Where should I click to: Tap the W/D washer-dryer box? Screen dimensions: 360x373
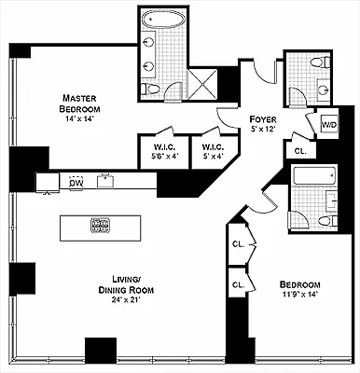pyautogui.click(x=329, y=125)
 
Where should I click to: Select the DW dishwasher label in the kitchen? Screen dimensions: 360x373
pyautogui.click(x=76, y=183)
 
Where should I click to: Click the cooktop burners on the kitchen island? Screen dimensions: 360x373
pyautogui.click(x=100, y=225)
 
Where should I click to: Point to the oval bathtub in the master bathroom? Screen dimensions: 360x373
pyautogui.click(x=163, y=20)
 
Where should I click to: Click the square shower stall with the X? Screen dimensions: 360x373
pyautogui.click(x=203, y=84)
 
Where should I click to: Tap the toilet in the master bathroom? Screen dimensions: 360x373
pyautogui.click(x=150, y=90)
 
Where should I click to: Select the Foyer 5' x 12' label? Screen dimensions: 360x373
pyautogui.click(x=263, y=124)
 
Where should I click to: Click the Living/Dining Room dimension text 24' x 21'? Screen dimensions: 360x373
pyautogui.click(x=126, y=300)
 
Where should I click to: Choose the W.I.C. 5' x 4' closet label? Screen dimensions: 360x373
pyautogui.click(x=213, y=152)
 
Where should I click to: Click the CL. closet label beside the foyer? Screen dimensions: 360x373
pyautogui.click(x=300, y=152)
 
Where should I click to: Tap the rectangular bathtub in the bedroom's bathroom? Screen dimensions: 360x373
pyautogui.click(x=314, y=175)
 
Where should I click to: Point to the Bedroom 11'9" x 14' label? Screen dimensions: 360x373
pyautogui.click(x=299, y=289)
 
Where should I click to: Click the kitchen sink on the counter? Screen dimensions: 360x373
pyautogui.click(x=105, y=181)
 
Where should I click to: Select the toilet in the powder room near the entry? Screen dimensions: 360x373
pyautogui.click(x=320, y=62)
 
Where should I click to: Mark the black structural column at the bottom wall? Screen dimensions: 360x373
pyautogui.click(x=101, y=351)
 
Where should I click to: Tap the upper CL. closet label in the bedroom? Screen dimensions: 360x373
pyautogui.click(x=239, y=244)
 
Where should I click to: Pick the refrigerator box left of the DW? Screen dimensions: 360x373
pyautogui.click(x=48, y=183)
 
